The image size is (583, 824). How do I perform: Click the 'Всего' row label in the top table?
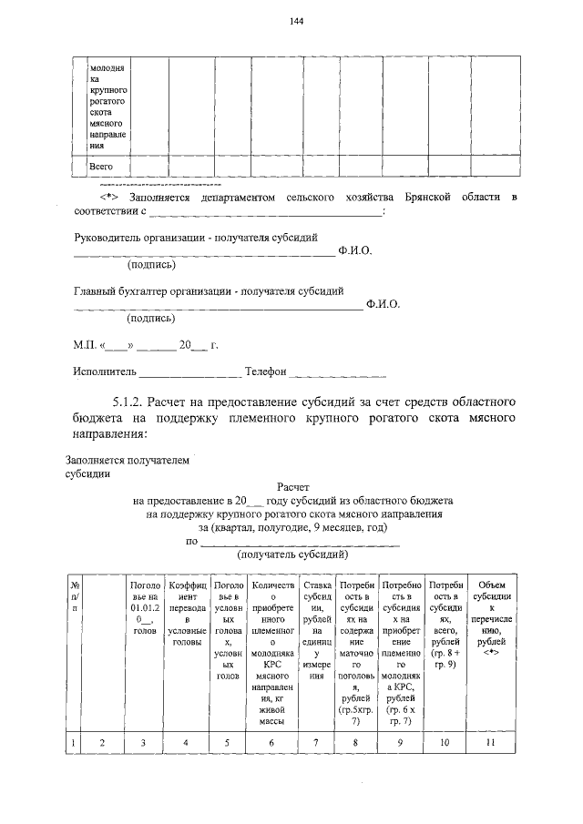[x=100, y=167]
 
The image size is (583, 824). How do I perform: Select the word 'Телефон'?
[x=265, y=371]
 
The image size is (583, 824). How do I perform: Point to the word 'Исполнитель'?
[x=104, y=371]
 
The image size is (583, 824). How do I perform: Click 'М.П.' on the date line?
[x=87, y=346]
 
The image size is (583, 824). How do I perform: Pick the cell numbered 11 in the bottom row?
[x=491, y=743]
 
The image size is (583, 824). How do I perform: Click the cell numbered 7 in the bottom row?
[x=316, y=743]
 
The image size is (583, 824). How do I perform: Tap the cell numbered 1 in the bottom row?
[x=73, y=744]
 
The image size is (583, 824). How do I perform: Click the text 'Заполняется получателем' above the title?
[x=128, y=461]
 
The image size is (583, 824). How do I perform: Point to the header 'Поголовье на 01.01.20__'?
[x=145, y=605]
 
